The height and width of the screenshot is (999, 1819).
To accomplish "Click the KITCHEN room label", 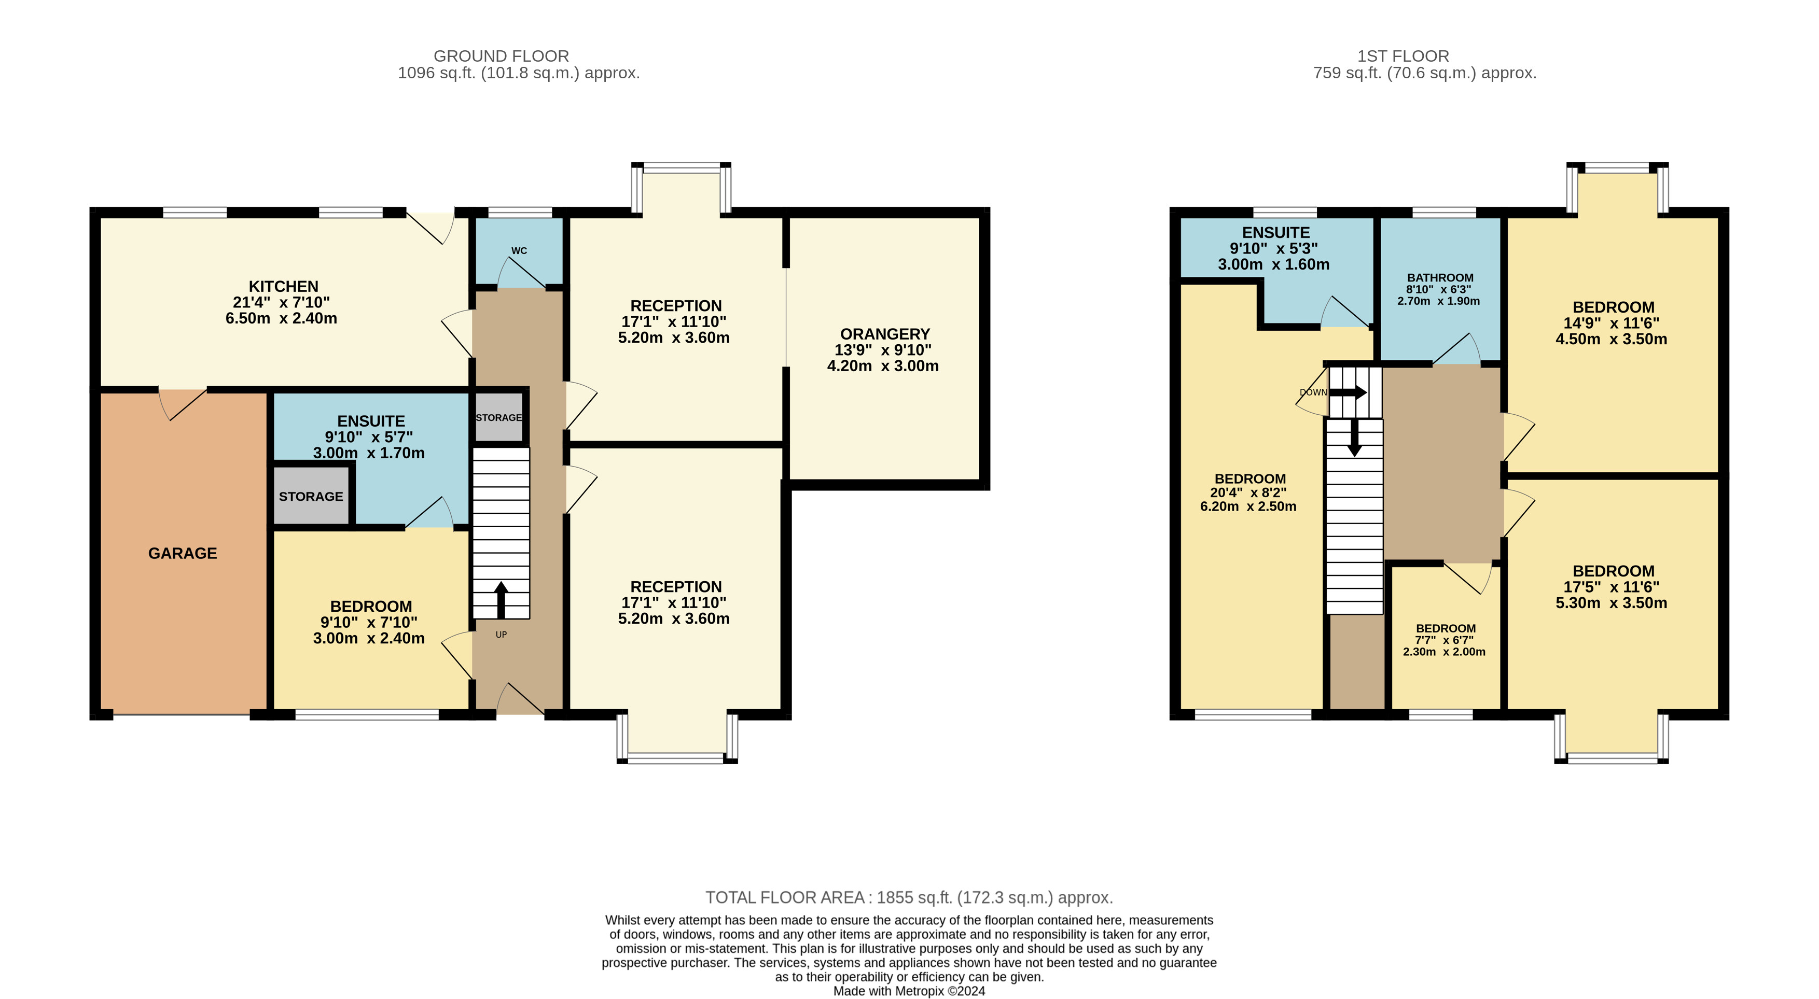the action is pyautogui.click(x=283, y=287).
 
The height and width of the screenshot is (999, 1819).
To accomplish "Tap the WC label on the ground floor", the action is pyautogui.click(x=519, y=250).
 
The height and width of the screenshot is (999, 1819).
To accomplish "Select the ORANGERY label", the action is pyautogui.click(x=885, y=334).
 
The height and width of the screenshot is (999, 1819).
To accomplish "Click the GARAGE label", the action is pyautogui.click(x=182, y=554).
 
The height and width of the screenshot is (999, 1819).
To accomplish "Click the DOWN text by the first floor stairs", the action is pyautogui.click(x=1313, y=392).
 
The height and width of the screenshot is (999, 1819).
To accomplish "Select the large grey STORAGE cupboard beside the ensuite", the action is pyautogui.click(x=311, y=496).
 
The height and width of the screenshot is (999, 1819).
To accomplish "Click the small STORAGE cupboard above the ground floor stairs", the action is pyautogui.click(x=498, y=417).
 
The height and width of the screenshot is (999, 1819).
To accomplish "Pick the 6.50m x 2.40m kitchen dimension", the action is pyautogui.click(x=281, y=318).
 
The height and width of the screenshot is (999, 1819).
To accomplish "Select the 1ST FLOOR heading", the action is pyautogui.click(x=1403, y=56).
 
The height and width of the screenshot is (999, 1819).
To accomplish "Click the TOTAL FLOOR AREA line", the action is pyautogui.click(x=909, y=897).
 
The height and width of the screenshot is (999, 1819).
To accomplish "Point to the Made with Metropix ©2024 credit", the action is pyautogui.click(x=909, y=991).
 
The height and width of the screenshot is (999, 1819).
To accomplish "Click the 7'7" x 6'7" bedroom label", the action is pyautogui.click(x=1444, y=640).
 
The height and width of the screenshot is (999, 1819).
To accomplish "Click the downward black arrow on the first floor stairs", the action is pyautogui.click(x=1354, y=438).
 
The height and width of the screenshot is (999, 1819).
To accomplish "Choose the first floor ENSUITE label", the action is pyautogui.click(x=1275, y=233).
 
